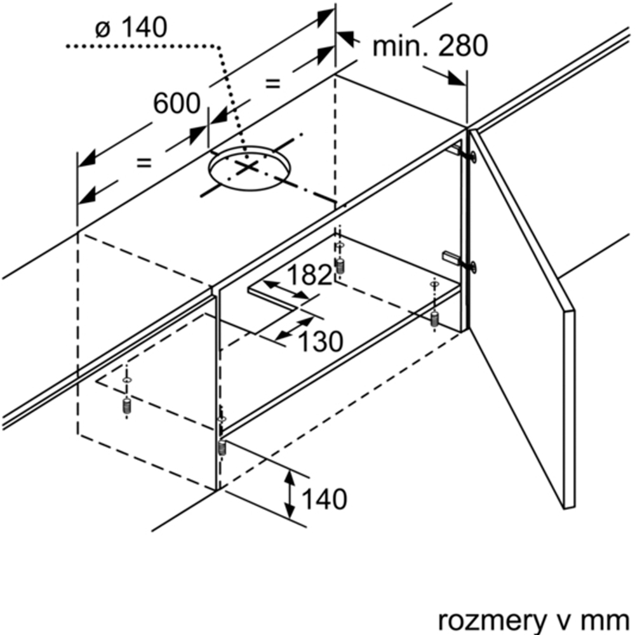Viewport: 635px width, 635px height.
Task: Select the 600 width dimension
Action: pyautogui.click(x=177, y=104)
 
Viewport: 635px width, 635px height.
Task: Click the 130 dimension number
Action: pyautogui.click(x=321, y=342)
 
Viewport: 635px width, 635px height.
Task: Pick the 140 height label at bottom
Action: pyautogui.click(x=324, y=499)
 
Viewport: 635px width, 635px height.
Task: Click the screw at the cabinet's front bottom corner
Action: pyautogui.click(x=222, y=446)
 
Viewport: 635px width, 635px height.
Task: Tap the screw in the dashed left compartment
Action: pyautogui.click(x=127, y=406)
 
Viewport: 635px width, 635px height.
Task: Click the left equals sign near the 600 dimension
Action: pyautogui.click(x=145, y=163)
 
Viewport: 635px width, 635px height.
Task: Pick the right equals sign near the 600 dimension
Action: pyautogui.click(x=272, y=83)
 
